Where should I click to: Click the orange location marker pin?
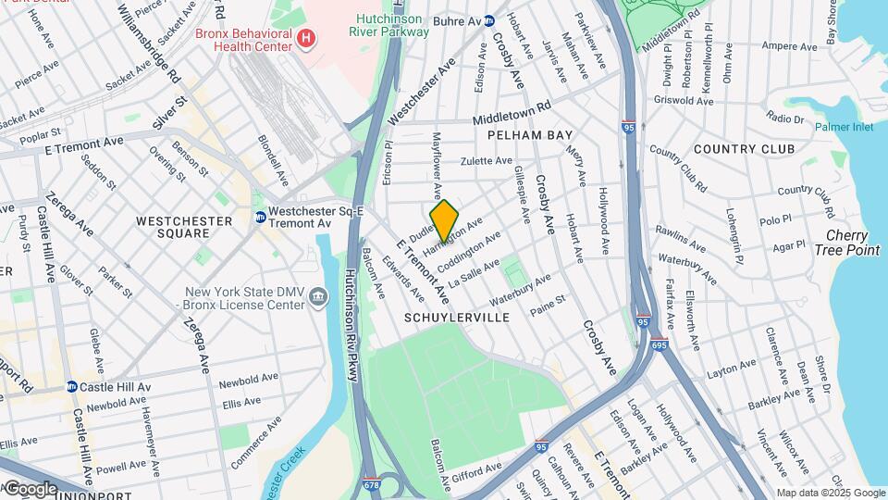444,220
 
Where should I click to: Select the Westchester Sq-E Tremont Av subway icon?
261,217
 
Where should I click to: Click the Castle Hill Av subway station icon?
70,387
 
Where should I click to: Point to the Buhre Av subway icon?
490,20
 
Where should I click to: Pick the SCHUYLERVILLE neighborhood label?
457,317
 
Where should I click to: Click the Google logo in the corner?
30,488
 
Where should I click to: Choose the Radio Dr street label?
785,119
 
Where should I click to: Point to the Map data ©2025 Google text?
830,493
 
